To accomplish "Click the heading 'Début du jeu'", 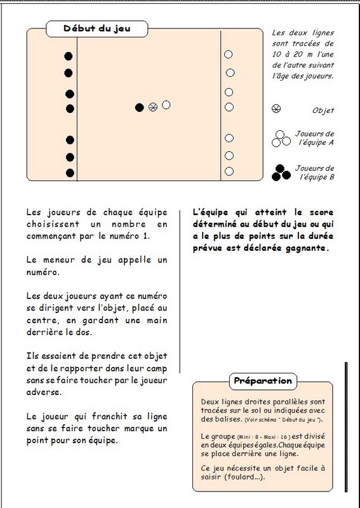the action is (x=97, y=29).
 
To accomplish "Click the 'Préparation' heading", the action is (x=263, y=380).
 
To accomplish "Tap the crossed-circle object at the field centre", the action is (x=153, y=107).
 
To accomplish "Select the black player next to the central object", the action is (x=139, y=107).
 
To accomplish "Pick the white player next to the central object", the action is (x=166, y=105).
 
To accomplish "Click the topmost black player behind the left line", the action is (x=69, y=57).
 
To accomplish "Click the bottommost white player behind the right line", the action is (x=229, y=171).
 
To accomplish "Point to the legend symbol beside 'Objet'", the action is (x=276, y=109).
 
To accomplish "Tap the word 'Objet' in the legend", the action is (x=323, y=110).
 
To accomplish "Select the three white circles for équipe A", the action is (x=281, y=138).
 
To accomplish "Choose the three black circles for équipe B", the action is (x=281, y=173).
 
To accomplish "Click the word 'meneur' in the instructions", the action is (x=62, y=260).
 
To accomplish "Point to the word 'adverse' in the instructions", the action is (x=44, y=392).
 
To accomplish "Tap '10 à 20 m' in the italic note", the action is (x=292, y=55).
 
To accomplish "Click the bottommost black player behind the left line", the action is (x=70, y=173).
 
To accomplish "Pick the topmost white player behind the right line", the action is (x=228, y=55).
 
